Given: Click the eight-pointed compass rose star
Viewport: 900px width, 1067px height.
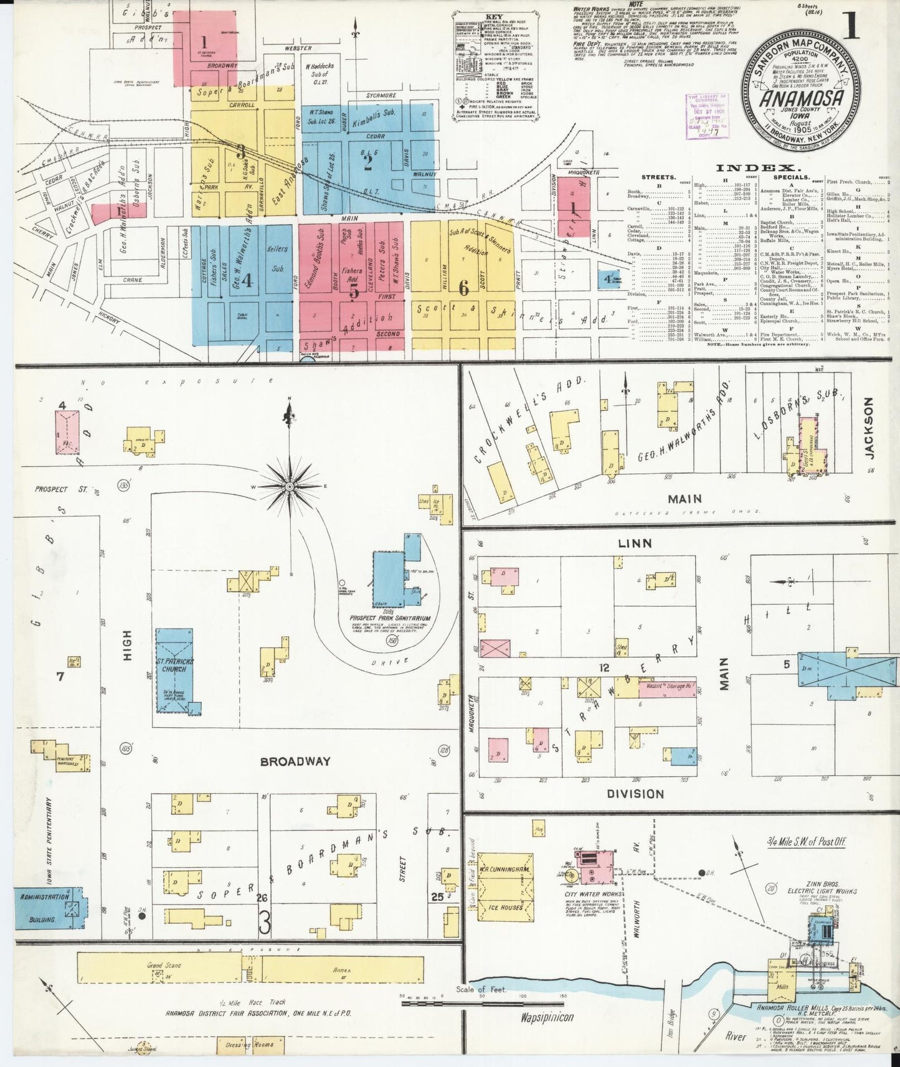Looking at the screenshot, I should coord(290,485).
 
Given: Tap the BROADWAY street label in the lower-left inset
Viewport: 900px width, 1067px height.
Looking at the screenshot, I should coord(295,761).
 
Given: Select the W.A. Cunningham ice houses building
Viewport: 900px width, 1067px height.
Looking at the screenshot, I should coord(505,887).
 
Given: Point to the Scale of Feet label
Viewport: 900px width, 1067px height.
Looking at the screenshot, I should coord(481,990).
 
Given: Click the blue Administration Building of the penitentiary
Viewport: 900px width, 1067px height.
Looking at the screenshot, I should coord(47,908).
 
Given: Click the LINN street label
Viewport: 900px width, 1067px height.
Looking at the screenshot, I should coord(635,543).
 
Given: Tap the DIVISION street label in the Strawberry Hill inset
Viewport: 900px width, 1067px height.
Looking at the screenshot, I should coord(635,794).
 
